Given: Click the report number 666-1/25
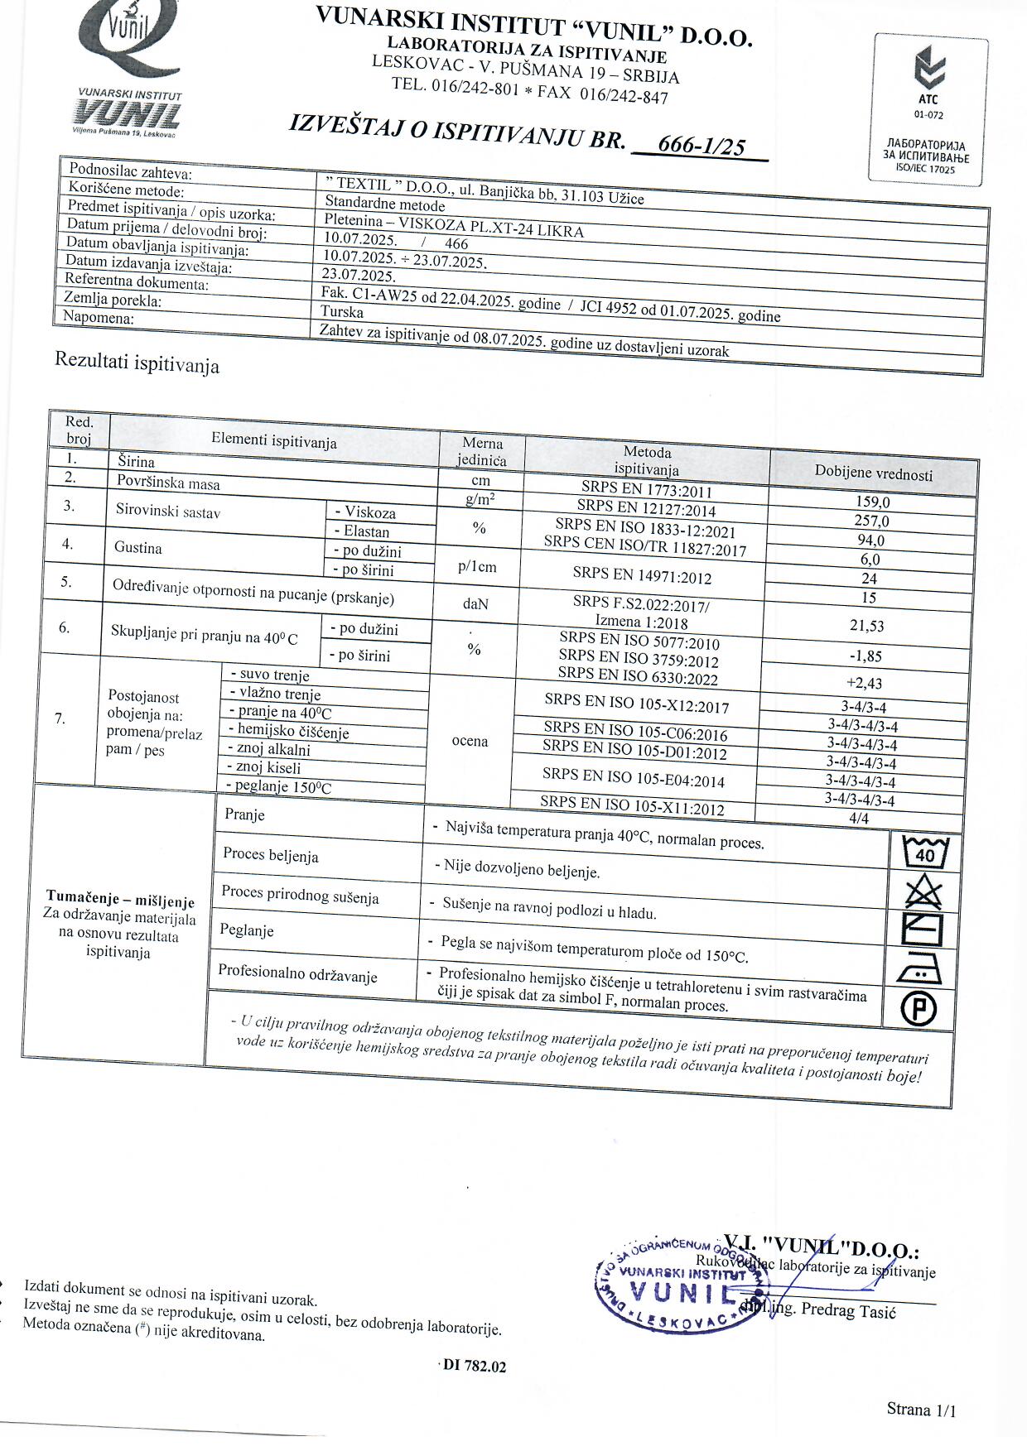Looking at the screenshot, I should (x=701, y=147).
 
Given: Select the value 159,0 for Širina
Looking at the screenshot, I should (x=872, y=502).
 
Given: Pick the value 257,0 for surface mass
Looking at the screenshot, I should (x=871, y=521).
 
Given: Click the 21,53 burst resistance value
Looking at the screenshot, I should (x=866, y=626).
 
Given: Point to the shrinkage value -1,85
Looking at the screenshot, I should (x=865, y=656).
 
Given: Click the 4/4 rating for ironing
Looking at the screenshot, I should (x=859, y=819).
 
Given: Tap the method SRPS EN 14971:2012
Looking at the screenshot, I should (x=642, y=577).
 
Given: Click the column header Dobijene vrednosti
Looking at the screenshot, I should (x=873, y=473).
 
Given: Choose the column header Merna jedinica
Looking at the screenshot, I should (x=482, y=451).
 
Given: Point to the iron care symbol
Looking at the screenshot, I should (x=919, y=970).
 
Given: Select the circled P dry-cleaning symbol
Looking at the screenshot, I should (x=919, y=1009).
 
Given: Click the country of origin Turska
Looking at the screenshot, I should (x=342, y=312).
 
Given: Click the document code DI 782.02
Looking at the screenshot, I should (x=474, y=1366).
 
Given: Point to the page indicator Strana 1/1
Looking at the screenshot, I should (x=920, y=1410).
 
